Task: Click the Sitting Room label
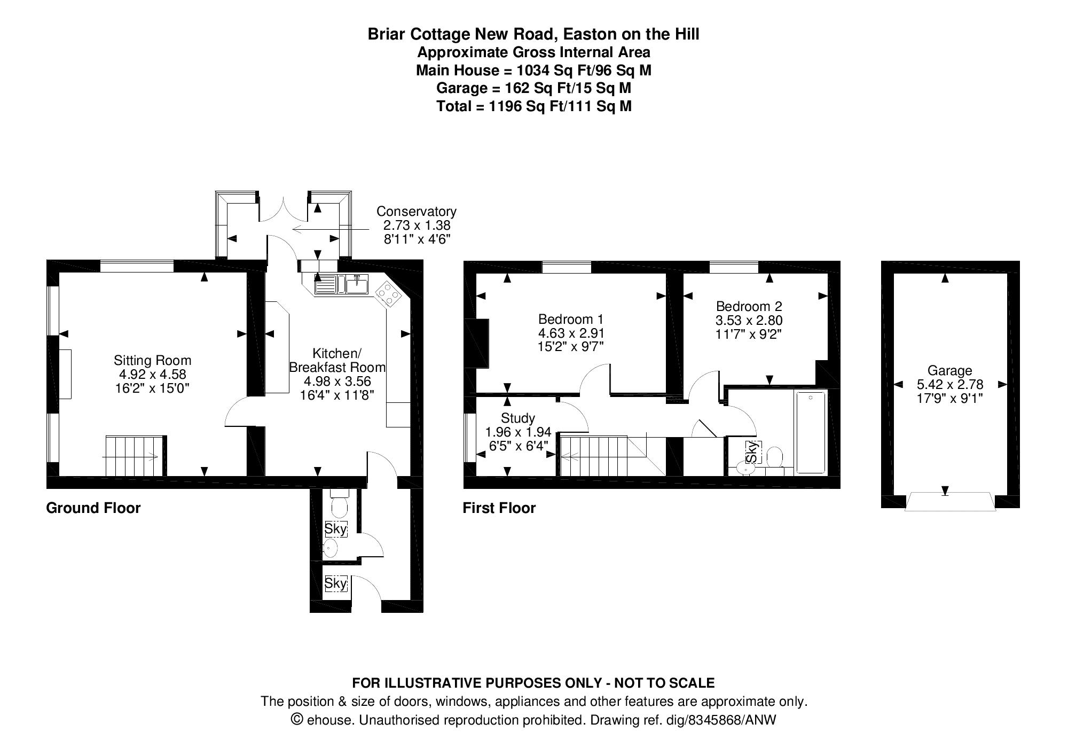point(152,361)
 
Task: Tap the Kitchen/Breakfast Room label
point(337,361)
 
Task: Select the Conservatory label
point(416,212)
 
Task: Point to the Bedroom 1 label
point(571,320)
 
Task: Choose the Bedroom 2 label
point(749,307)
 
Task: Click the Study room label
point(517,418)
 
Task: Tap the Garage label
point(949,370)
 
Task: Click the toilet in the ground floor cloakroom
point(339,504)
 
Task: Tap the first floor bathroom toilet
point(774,458)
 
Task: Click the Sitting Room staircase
point(134,456)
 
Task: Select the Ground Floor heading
point(93,508)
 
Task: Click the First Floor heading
point(499,508)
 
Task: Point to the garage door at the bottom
point(950,502)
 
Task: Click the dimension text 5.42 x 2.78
point(949,384)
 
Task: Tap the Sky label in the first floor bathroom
point(752,452)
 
